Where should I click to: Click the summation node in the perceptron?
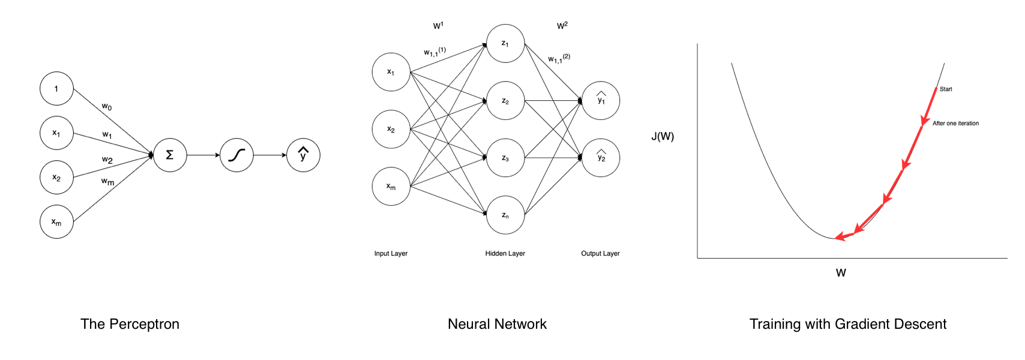point(170,155)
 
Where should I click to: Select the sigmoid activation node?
point(236,155)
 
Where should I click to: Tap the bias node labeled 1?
point(56,89)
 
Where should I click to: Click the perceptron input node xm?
point(56,222)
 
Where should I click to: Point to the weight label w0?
point(107,107)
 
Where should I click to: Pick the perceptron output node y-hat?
point(303,155)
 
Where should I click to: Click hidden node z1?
point(505,43)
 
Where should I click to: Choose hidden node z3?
point(505,158)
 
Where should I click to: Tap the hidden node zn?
point(505,215)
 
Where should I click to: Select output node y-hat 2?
point(601,158)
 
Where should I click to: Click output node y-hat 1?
point(601,100)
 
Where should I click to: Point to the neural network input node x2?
point(391,129)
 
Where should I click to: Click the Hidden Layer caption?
point(505,254)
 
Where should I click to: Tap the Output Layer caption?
point(600,254)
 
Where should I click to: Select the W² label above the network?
point(562,26)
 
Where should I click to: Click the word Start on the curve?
point(946,89)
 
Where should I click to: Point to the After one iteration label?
point(955,124)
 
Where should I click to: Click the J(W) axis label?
point(663,137)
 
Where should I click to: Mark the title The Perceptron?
point(130,325)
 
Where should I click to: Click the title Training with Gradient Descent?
point(847,325)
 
